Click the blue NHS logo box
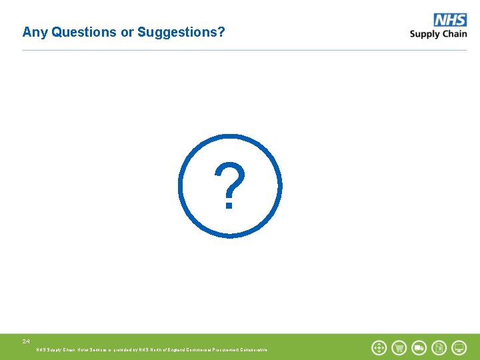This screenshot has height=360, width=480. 450,20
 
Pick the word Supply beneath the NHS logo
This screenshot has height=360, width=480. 425,34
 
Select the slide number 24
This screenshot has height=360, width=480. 26,341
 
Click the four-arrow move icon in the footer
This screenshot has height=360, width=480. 379,347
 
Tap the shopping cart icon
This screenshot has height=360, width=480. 399,347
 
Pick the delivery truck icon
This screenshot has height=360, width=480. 419,347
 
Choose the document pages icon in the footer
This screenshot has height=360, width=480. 439,347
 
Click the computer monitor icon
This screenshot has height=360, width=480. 459,347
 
